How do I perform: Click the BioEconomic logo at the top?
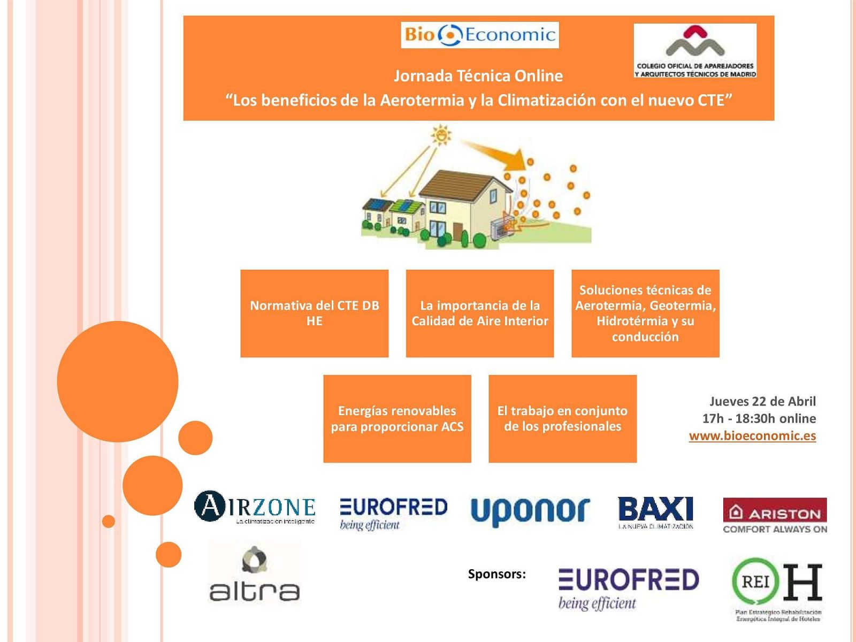[479, 35]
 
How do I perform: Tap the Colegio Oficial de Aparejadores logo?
[695, 51]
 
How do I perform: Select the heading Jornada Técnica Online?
[478, 76]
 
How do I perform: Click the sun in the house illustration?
[441, 134]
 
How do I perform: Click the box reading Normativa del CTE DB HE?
[315, 314]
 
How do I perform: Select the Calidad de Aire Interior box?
[480, 314]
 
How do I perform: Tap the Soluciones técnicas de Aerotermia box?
[645, 314]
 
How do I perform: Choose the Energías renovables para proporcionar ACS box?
[397, 418]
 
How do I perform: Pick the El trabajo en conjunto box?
[562, 418]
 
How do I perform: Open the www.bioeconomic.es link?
[752, 435]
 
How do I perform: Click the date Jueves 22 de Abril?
[762, 401]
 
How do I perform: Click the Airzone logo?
[255, 507]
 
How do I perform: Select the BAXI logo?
[655, 511]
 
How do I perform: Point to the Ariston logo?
[775, 515]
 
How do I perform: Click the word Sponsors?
[496, 574]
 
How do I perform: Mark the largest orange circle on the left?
[118, 381]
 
